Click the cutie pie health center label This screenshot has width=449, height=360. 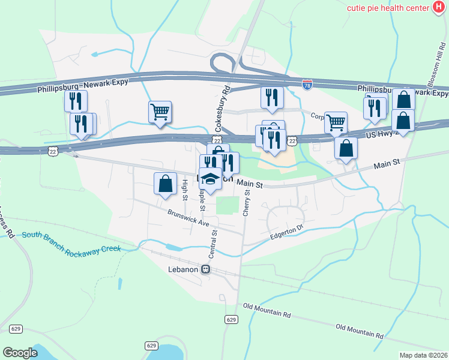pyautogui.click(x=388, y=7)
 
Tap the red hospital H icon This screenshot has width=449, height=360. pyautogui.click(x=439, y=7)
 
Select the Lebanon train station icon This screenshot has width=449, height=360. pyautogui.click(x=206, y=269)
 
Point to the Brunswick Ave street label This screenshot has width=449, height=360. pyautogui.click(x=188, y=217)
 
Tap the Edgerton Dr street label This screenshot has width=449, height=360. pyautogui.click(x=288, y=232)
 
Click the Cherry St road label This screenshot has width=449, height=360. pyautogui.click(x=247, y=203)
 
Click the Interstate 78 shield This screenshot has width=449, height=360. pyautogui.click(x=307, y=85)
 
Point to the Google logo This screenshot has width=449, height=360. pyautogui.click(x=20, y=353)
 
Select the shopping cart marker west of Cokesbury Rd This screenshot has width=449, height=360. pyautogui.click(x=160, y=112)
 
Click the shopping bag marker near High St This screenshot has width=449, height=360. pyautogui.click(x=165, y=183)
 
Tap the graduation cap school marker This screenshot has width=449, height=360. pyautogui.click(x=210, y=179)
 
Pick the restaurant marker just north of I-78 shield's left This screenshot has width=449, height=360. pyautogui.click(x=272, y=97)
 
